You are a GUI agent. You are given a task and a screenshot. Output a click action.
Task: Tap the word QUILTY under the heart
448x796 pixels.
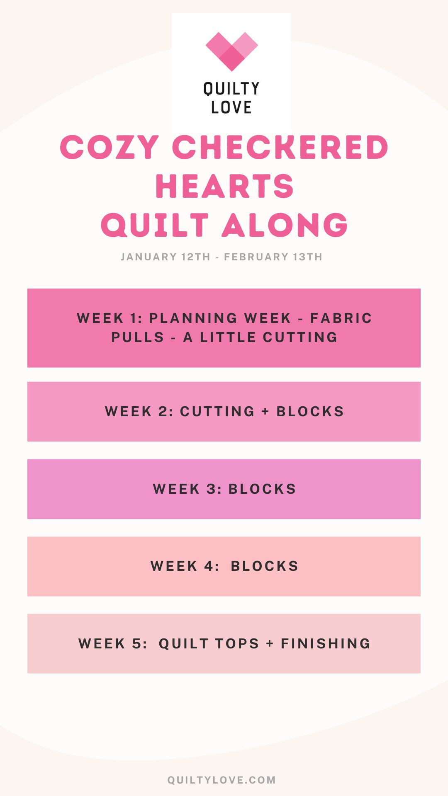coord(231,89)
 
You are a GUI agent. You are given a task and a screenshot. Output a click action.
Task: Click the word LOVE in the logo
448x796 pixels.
coord(231,107)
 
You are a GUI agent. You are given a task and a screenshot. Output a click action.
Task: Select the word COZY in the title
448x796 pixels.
coord(110,147)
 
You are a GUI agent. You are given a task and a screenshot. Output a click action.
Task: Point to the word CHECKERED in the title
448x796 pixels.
coord(280,147)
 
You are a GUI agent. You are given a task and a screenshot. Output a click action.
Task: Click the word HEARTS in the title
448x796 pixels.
coord(224,186)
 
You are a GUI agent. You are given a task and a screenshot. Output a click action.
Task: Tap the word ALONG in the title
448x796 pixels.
coord(285,225)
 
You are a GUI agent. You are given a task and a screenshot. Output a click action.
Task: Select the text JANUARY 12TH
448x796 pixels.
coord(166,257)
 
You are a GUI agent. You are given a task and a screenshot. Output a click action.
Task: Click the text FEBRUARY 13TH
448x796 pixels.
coord(273,257)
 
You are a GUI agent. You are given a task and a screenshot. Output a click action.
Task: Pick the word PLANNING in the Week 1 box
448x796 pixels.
coord(193,318)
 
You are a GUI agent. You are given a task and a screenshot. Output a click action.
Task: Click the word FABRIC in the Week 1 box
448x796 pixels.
coord(341,318)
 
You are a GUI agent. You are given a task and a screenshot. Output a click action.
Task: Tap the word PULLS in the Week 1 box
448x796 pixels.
coord(138,337)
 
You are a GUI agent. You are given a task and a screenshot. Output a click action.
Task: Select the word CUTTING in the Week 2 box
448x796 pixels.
coord(217,411)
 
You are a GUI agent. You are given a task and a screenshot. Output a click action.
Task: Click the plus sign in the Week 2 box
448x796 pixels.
coord(265,411)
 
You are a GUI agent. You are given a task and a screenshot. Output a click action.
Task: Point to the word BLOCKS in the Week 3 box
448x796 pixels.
coord(262,489)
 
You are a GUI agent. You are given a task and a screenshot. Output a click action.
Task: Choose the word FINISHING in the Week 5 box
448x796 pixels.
coord(326,643)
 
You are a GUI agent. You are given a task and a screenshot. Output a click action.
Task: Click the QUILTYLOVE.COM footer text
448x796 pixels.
coord(222,780)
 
